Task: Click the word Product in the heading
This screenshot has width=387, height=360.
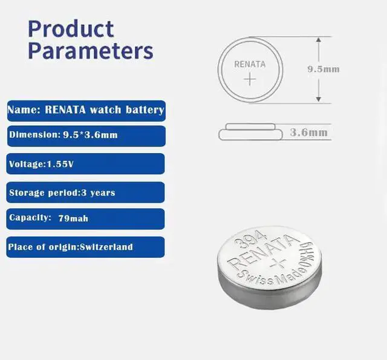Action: point(71,29)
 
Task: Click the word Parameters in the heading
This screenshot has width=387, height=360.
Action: point(91,51)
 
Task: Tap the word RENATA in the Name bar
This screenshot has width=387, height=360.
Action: point(65,110)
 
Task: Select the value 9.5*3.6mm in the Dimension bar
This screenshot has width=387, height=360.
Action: point(90,135)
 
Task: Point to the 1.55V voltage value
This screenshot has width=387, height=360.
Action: point(60,164)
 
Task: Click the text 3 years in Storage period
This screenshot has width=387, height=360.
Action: point(98,192)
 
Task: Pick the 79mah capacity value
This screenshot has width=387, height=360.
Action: point(73,218)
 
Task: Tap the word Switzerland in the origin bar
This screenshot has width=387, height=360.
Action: point(106,247)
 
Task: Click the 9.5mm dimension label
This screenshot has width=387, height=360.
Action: point(324,69)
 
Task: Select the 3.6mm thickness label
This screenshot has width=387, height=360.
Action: point(309,133)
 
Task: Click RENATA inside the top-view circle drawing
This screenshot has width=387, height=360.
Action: point(250,64)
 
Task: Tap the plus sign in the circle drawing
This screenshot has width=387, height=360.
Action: point(250,79)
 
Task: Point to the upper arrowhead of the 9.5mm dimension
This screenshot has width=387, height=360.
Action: point(319,40)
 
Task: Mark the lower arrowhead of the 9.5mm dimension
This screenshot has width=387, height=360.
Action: point(319,99)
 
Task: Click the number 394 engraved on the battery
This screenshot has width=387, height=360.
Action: point(250,239)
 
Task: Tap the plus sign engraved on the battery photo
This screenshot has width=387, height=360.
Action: point(278,263)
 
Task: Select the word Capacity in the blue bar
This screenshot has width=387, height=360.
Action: point(30,218)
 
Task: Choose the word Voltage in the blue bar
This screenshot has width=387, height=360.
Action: point(27,164)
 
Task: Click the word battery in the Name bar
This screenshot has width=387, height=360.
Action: point(145,110)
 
